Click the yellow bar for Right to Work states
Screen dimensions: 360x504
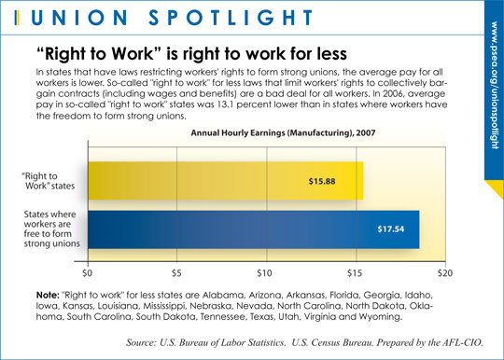pyautogui.click(x=224, y=180)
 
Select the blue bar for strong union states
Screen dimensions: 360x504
pyautogui.click(x=252, y=229)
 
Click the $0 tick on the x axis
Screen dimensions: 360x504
pyautogui.click(x=88, y=274)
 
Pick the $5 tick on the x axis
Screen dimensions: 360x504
pyautogui.click(x=176, y=274)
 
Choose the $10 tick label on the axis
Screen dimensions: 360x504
pyautogui.click(x=265, y=274)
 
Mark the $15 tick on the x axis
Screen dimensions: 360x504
pyautogui.click(x=354, y=274)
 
